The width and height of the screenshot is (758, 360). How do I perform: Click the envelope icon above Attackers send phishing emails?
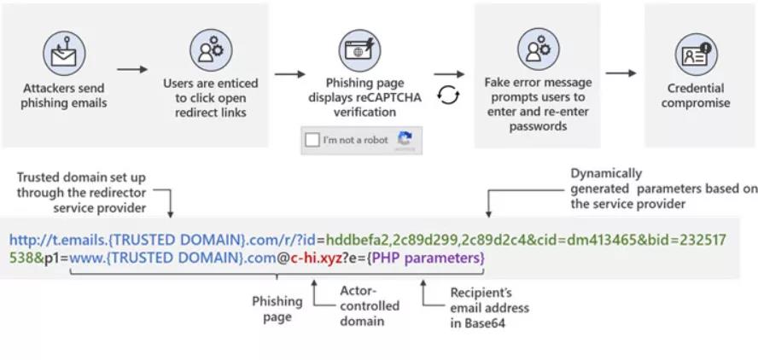pos(64,52)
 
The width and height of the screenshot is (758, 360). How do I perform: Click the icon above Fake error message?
pos(538,49)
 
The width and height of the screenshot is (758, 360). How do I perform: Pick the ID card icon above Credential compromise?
pos(696,53)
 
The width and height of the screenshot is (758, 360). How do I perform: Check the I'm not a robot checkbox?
pos(313,140)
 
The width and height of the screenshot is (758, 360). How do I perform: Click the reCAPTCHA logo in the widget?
pos(405,139)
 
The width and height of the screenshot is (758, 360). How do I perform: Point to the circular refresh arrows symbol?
pos(448,95)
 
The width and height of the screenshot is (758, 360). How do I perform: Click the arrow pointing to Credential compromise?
pos(621,73)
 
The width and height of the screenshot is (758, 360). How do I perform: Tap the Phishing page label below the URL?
pos(277,308)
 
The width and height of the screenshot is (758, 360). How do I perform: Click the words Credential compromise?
pos(696,96)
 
